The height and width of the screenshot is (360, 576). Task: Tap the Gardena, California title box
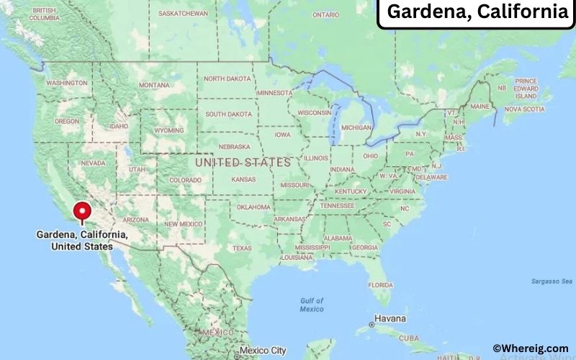477,12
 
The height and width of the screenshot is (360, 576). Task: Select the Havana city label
390,318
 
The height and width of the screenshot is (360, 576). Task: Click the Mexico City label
263,351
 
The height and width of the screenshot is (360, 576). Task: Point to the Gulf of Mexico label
312,305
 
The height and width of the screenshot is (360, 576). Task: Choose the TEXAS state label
242,248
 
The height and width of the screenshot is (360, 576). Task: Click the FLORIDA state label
380,284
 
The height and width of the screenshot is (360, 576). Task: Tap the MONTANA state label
154,85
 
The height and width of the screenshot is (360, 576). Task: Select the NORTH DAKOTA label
228,79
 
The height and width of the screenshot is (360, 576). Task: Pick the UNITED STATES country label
243,163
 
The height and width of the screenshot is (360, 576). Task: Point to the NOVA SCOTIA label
523,109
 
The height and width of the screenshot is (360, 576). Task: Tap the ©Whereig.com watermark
530,348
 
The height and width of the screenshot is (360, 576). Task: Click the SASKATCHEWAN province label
183,14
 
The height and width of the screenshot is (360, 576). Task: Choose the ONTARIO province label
325,14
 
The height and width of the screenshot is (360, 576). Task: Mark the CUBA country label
409,338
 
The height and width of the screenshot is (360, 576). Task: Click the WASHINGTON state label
67,83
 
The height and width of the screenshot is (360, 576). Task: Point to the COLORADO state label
185,180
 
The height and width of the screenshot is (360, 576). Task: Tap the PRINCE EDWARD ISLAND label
526,89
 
